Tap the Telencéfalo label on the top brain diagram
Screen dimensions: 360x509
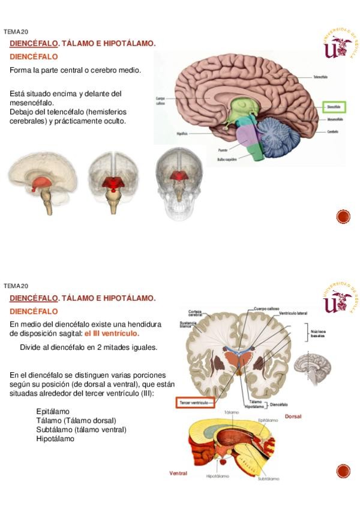pos(320,77)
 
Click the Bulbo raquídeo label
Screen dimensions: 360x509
pos(227,160)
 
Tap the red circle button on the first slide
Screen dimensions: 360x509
pos(343,217)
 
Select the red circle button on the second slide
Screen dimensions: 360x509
pos(343,471)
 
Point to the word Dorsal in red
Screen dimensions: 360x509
pos(293,416)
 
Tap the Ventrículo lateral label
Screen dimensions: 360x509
pos(293,314)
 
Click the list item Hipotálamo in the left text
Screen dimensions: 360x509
pos(55,439)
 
